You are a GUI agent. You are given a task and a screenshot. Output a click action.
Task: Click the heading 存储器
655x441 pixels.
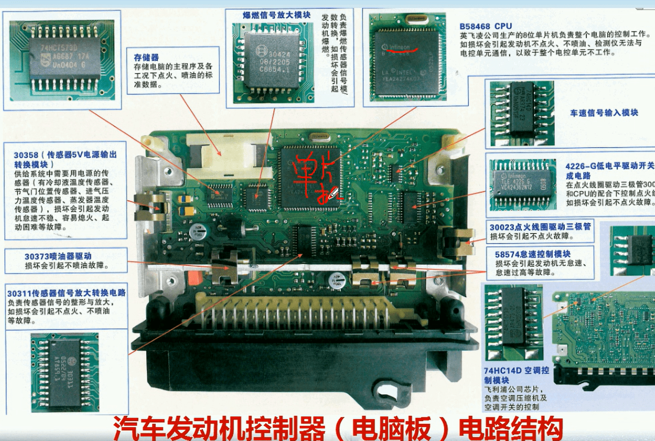click(146, 57)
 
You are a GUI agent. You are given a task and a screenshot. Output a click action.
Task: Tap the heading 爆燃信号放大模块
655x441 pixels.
click(276, 15)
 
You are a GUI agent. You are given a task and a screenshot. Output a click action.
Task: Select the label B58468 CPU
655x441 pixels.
click(486, 26)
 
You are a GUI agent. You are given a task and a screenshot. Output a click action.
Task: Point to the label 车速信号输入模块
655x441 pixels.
click(604, 113)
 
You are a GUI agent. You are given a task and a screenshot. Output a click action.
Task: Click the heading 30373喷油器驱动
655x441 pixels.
click(58, 256)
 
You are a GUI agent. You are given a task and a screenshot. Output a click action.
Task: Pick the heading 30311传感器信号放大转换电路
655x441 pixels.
click(66, 293)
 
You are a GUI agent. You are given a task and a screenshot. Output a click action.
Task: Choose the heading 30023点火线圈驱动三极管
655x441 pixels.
click(540, 227)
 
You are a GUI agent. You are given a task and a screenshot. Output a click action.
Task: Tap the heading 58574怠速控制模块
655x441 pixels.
click(533, 254)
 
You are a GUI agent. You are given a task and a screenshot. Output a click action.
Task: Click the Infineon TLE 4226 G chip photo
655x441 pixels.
click(522, 183)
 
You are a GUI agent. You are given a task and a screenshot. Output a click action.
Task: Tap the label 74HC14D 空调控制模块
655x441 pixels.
click(516, 375)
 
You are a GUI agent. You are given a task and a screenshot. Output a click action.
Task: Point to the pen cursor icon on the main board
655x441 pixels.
click(333, 193)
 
